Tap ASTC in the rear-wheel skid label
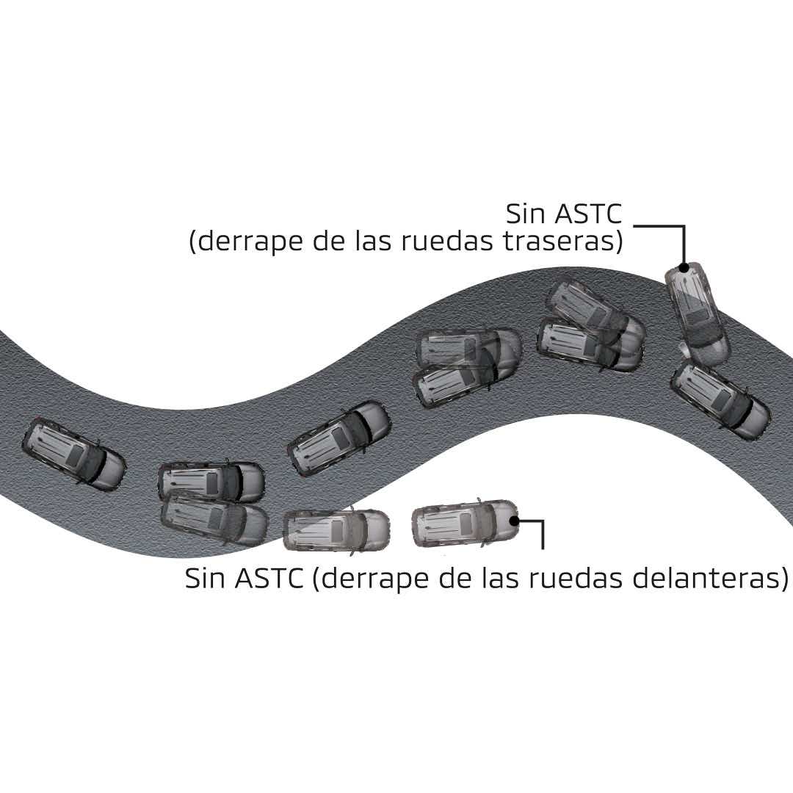pyautogui.click(x=588, y=214)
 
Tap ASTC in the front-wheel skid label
pyautogui.click(x=269, y=579)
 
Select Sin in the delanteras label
pyautogui.click(x=206, y=579)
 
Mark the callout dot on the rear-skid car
pyautogui.click(x=684, y=268)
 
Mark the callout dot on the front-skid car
pyautogui.click(x=516, y=521)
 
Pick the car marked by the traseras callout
pyautogui.click(x=697, y=314)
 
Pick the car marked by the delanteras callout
pyautogui.click(x=466, y=524)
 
